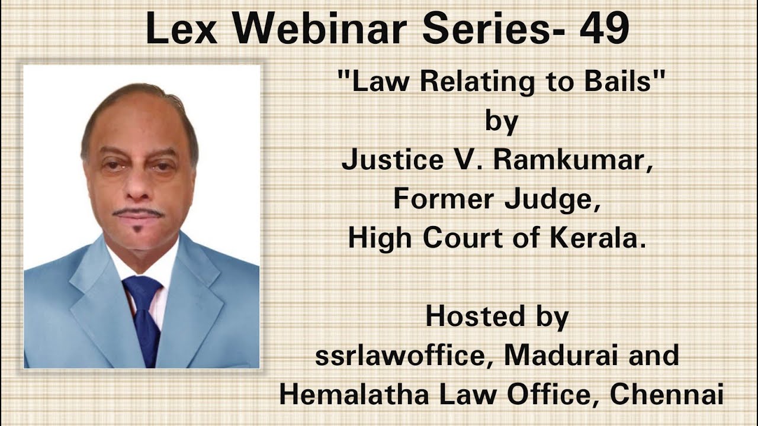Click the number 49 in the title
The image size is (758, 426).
[604, 28]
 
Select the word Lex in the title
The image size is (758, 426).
[181, 28]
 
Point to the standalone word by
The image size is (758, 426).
[502, 122]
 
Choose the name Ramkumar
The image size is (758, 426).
[572, 160]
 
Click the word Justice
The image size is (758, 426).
[393, 160]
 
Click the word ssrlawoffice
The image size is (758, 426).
[400, 355]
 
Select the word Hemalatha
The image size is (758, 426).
[354, 394]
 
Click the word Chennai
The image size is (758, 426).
[667, 394]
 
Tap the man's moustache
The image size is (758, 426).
[139, 212]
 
